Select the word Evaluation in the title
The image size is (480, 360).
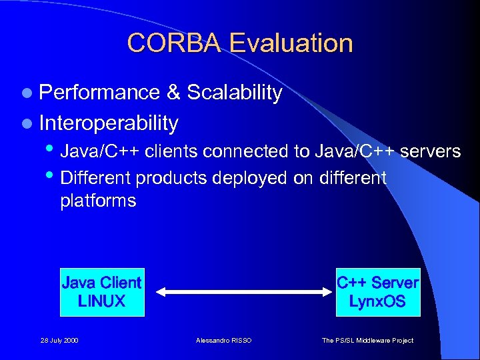[x=291, y=43]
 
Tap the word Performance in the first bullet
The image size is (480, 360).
[x=99, y=93]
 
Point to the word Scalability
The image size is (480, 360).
[x=235, y=93]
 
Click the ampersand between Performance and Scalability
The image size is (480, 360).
[x=173, y=93]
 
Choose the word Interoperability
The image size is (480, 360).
[x=109, y=123]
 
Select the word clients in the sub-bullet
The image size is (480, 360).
[x=171, y=152]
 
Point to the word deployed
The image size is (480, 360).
[x=255, y=178]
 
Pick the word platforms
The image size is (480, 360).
[x=98, y=201]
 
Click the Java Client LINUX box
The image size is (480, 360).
[x=101, y=292]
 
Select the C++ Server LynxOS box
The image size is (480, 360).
[x=377, y=292]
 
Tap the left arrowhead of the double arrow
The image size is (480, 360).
[x=161, y=292]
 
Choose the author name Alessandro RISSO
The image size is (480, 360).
[x=223, y=341]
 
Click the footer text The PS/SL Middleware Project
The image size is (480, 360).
[x=367, y=341]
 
